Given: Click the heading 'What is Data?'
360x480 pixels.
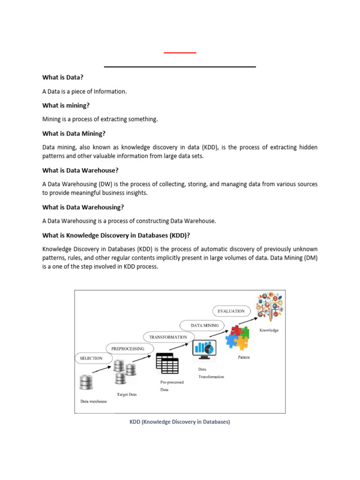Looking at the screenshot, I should pos(63,77).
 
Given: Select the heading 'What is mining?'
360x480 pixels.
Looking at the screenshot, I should pos(66,105).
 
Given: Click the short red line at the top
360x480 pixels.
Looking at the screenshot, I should pos(180,53).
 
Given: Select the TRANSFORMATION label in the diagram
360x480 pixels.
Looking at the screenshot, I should pos(168,337).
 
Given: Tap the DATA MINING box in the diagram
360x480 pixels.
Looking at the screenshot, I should pos(201,325).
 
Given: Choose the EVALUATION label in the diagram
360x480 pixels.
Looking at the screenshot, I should pos(231,311).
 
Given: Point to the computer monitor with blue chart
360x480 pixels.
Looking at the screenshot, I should pos(203,349).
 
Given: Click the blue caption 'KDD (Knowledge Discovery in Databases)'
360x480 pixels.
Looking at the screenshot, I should pos(180,422).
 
